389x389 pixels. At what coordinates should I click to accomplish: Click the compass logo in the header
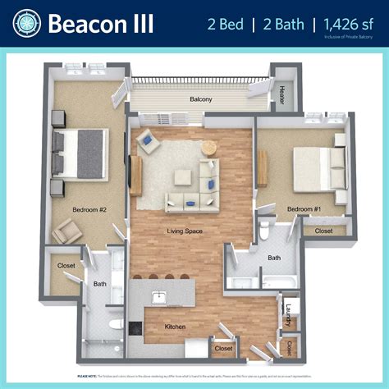pos(25,23)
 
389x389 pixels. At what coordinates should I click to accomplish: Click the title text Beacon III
pos(101,23)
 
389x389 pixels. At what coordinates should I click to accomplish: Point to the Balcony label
pos(200,99)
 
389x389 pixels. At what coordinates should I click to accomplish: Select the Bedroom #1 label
pos(304,209)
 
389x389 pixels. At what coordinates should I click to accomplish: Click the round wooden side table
pos(209,147)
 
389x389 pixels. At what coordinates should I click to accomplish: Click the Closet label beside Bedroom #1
pos(323,231)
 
